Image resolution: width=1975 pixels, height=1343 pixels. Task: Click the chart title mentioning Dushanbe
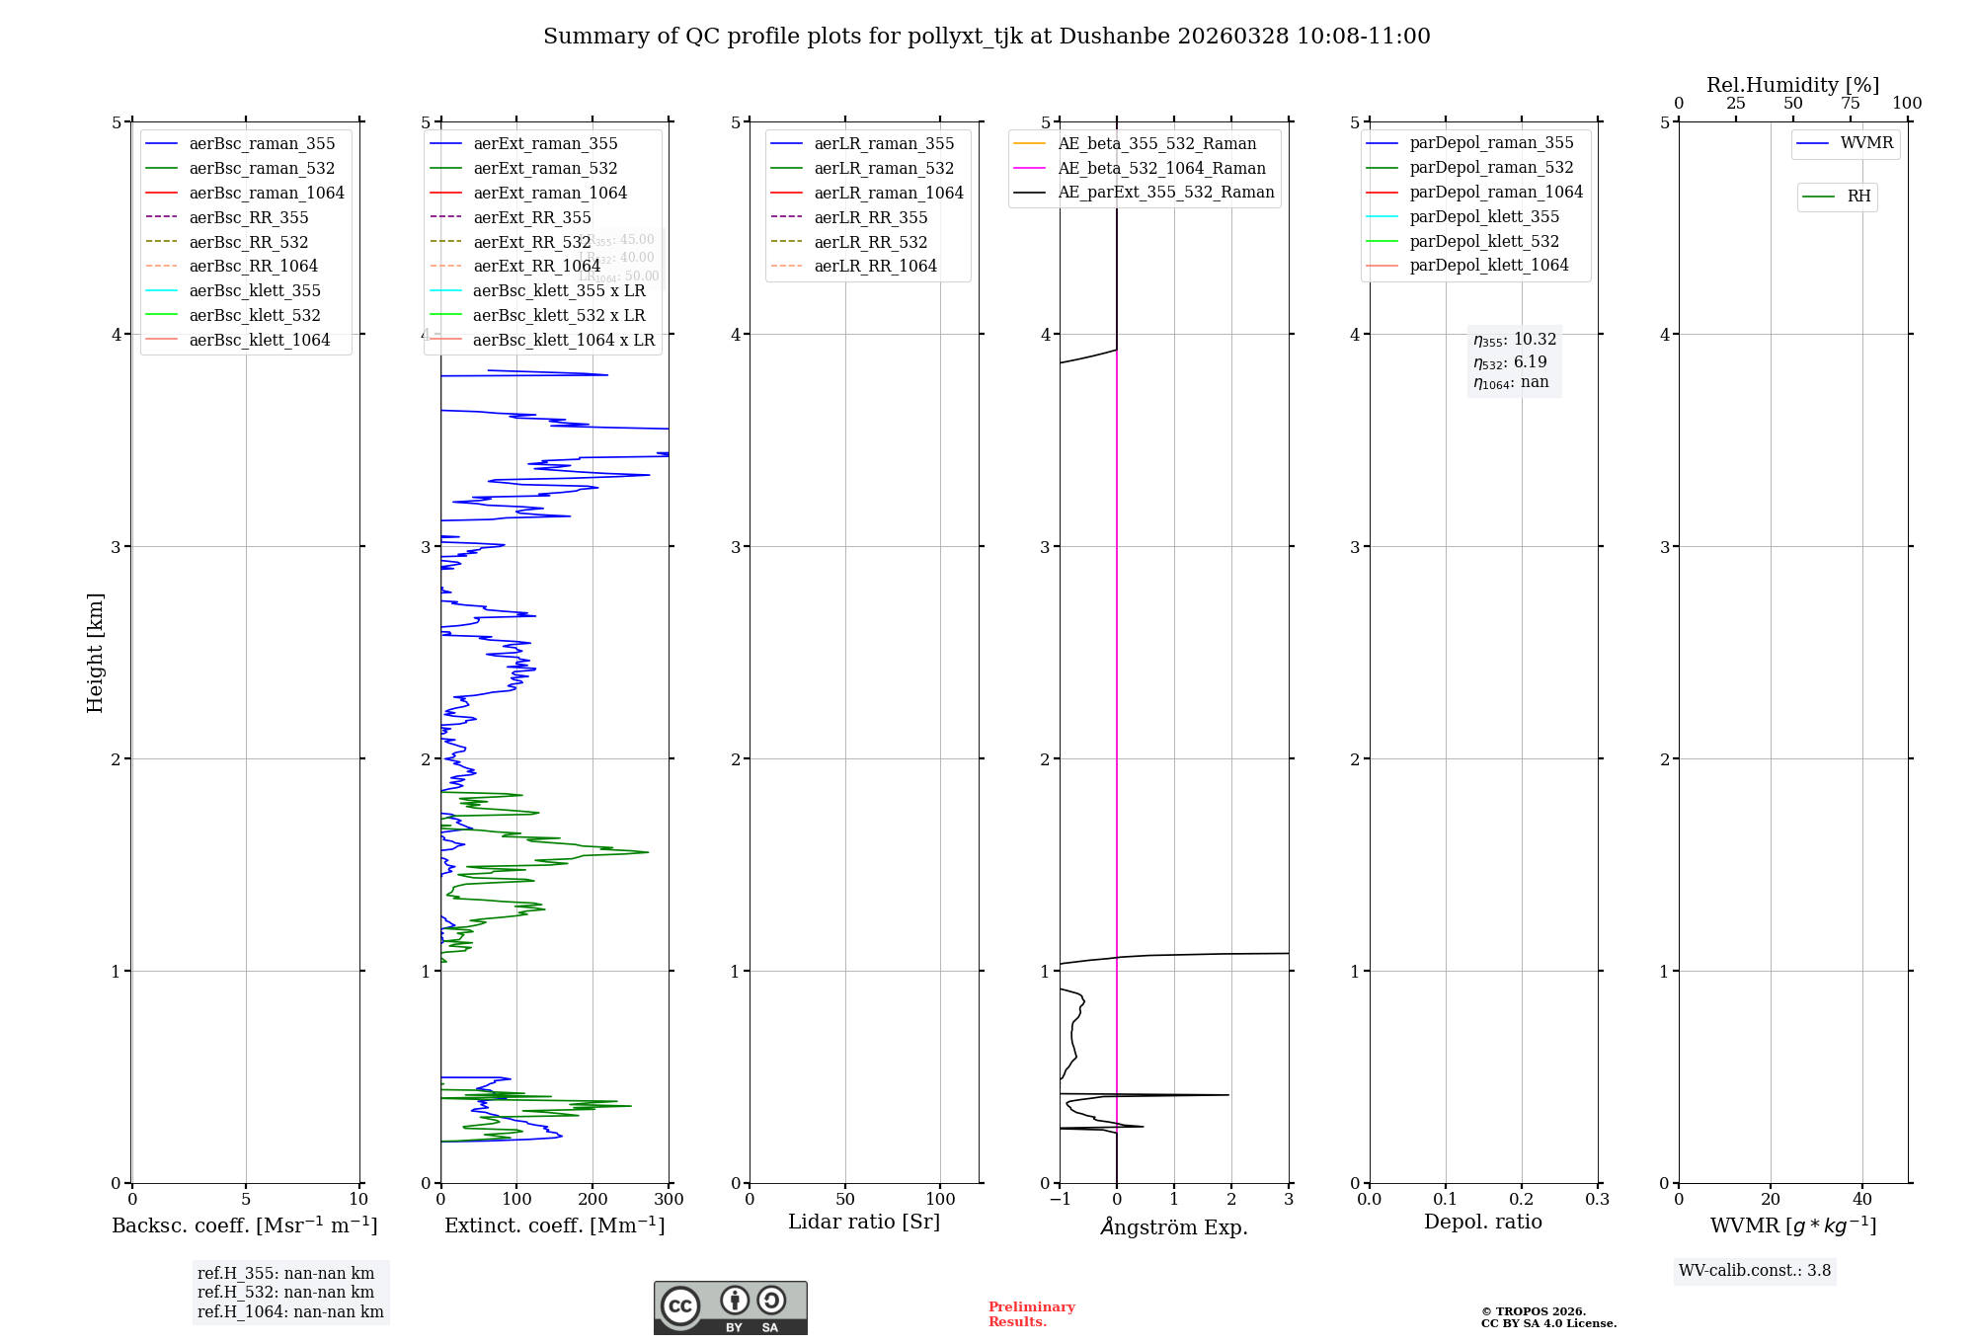point(987,37)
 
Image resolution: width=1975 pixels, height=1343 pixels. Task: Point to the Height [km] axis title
point(95,652)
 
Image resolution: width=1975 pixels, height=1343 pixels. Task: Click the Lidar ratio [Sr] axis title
point(864,1222)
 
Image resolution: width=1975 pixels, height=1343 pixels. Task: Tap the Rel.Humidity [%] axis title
point(1792,85)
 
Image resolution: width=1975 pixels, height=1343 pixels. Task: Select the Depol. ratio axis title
point(1482,1222)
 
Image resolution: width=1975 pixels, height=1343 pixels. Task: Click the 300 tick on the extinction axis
point(669,1200)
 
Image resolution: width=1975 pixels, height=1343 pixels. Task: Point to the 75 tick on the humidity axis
point(1850,104)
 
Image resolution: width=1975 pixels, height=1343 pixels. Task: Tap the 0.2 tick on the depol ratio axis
point(1522,1200)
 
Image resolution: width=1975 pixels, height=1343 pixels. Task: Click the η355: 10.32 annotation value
point(1514,340)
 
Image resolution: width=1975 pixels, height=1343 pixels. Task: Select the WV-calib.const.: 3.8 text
point(1755,1271)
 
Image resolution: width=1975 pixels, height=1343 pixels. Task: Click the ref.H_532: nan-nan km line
point(285,1292)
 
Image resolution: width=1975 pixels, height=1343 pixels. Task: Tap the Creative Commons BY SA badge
point(730,1307)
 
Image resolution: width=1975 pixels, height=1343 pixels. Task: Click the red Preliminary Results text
point(1031,1314)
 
